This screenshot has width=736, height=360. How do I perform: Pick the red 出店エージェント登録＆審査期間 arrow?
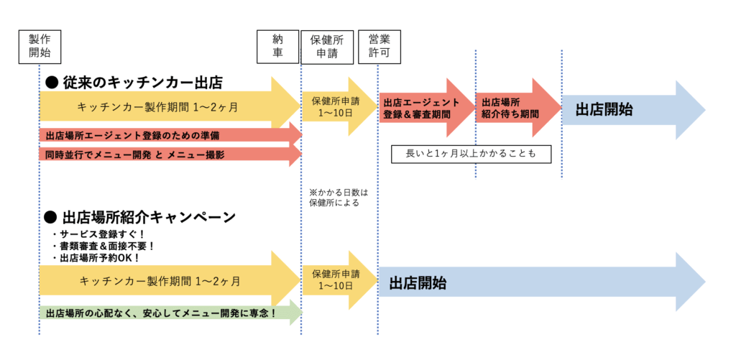[x=424, y=108]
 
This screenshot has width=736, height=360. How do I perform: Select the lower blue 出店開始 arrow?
[x=532, y=282]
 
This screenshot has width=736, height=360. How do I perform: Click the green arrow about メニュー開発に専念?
[x=165, y=313]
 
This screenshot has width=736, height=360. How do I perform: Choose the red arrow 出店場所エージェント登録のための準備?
[x=165, y=134]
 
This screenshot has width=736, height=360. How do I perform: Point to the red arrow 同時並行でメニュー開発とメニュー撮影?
[x=165, y=154]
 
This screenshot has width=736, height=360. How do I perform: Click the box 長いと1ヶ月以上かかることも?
[x=471, y=153]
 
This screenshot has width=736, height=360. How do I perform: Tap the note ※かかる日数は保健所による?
[x=333, y=198]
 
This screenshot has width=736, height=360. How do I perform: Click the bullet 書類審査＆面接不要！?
[x=103, y=246]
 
